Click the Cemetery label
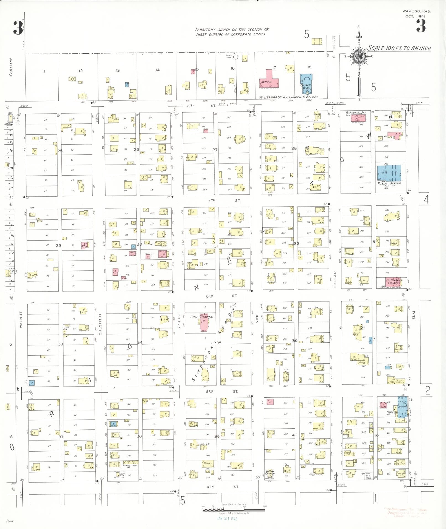pos(11,67)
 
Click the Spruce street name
pos(179,320)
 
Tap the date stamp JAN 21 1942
pos(227,519)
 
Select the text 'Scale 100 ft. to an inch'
pos(399,48)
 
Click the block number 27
pos(215,150)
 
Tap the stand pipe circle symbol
pos(236,57)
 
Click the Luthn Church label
pos(270,472)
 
